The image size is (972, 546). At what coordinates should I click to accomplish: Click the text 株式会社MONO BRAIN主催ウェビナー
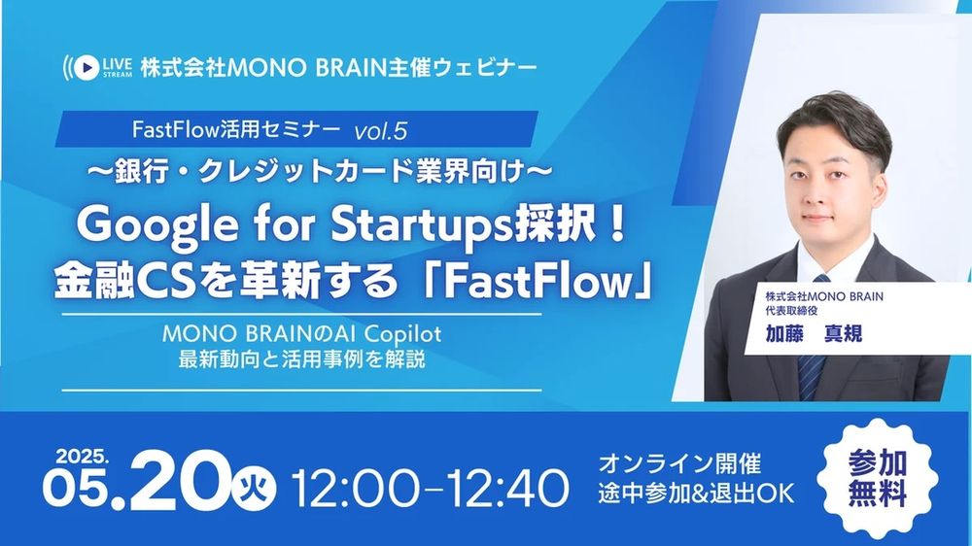tap(336, 68)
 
